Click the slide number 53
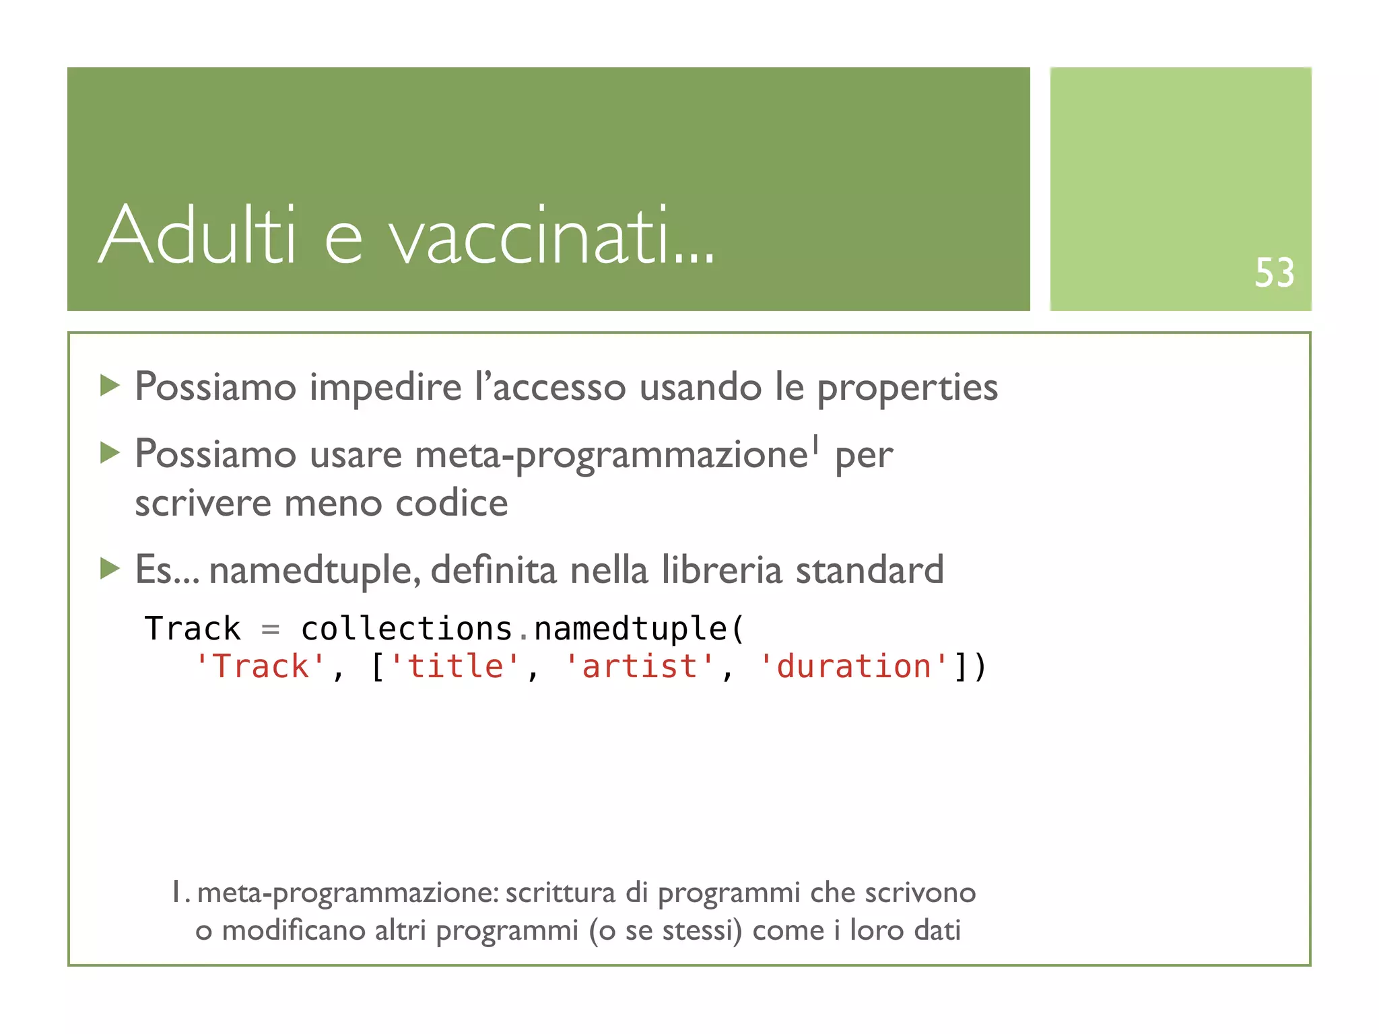tap(1274, 273)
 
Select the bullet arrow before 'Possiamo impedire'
tap(110, 386)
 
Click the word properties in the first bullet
tap(907, 388)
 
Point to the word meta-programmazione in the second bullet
tap(611, 455)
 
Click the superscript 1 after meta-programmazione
tap(815, 444)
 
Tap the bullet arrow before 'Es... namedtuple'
tap(110, 569)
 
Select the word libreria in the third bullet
tap(721, 570)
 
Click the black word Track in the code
tap(193, 629)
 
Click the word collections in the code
tap(407, 629)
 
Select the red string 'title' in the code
tap(455, 666)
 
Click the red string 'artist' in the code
tap(639, 666)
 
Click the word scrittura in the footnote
tap(560, 893)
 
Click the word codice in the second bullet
tap(451, 504)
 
